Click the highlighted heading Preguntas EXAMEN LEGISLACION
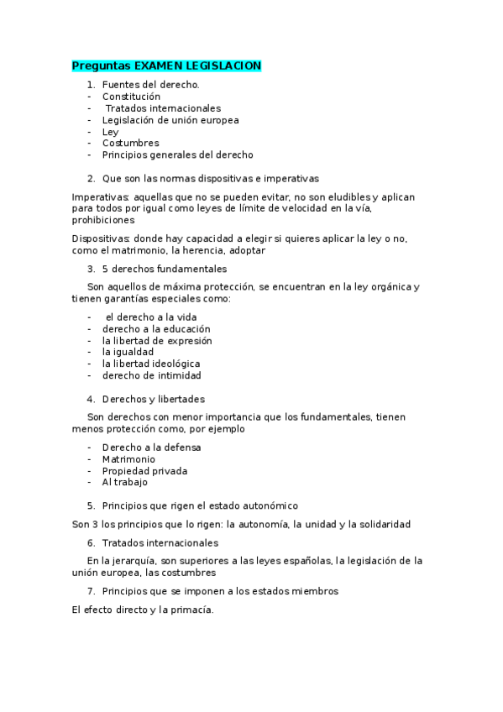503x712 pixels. (166, 65)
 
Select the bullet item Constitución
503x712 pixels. (131, 97)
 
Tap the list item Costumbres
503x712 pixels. (130, 143)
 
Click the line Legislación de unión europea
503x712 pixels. (170, 120)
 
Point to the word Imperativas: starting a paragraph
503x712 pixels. (100, 196)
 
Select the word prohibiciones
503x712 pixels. (103, 220)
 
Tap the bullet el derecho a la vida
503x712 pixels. (150, 317)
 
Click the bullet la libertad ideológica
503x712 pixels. (151, 364)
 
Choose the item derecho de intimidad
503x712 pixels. (151, 375)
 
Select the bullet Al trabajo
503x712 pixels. (124, 483)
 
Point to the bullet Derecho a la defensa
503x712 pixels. (151, 448)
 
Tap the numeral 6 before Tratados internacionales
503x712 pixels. (90, 543)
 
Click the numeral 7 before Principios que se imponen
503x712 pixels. (90, 591)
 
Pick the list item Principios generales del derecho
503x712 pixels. (177, 154)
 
